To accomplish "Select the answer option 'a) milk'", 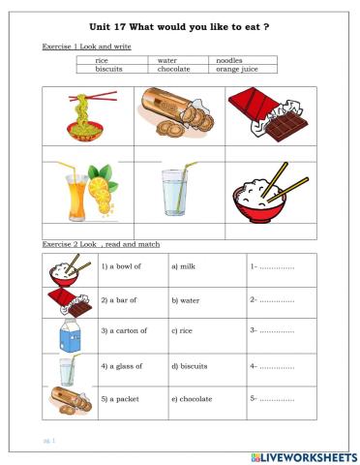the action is coord(182,265).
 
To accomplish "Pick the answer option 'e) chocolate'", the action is coord(191,398).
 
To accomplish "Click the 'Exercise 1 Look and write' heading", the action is coord(87,46).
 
